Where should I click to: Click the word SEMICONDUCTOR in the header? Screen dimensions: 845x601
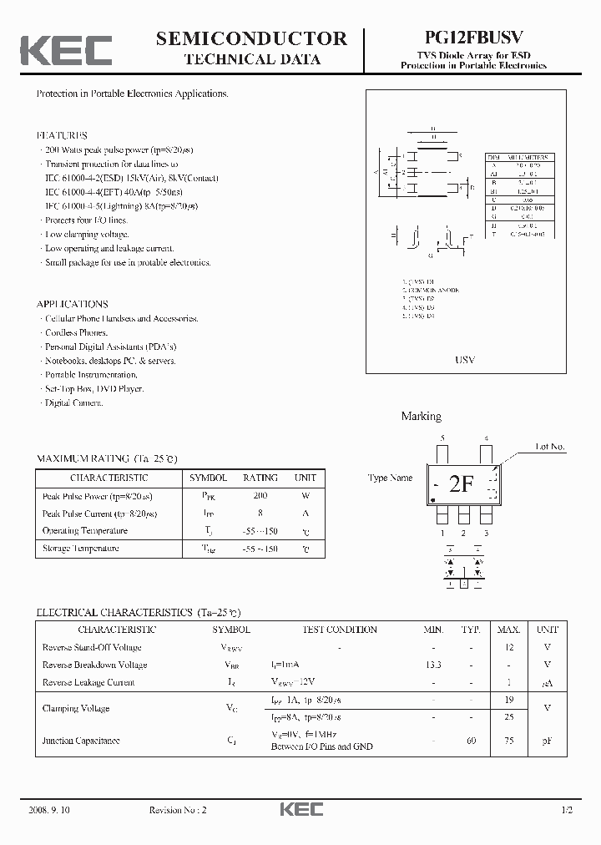pyautogui.click(x=251, y=38)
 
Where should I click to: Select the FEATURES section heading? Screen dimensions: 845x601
pyautogui.click(x=62, y=135)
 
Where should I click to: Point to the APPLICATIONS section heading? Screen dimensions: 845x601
pyautogui.click(x=73, y=304)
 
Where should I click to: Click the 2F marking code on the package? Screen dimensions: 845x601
pyautogui.click(x=462, y=485)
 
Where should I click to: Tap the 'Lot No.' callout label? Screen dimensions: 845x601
pyautogui.click(x=550, y=447)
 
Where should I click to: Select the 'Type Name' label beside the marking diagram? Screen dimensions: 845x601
pyautogui.click(x=390, y=478)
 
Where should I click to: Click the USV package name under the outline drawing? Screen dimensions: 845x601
pyautogui.click(x=465, y=360)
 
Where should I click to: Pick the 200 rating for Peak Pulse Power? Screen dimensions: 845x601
pyautogui.click(x=260, y=495)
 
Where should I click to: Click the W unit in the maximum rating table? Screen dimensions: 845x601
pyautogui.click(x=305, y=495)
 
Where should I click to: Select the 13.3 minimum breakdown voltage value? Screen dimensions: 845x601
pyautogui.click(x=432, y=665)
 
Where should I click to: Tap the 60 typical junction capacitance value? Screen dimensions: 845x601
pyautogui.click(x=472, y=741)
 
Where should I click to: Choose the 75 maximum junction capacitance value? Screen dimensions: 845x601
pyautogui.click(x=509, y=741)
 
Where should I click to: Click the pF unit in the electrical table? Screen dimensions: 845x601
pyautogui.click(x=547, y=741)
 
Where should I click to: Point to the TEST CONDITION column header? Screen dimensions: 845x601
pyautogui.click(x=339, y=630)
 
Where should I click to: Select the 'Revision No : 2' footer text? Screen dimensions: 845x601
pyautogui.click(x=179, y=810)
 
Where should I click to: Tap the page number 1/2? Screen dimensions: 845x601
pyautogui.click(x=568, y=810)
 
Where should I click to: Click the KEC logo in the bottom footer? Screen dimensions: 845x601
pyautogui.click(x=300, y=810)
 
